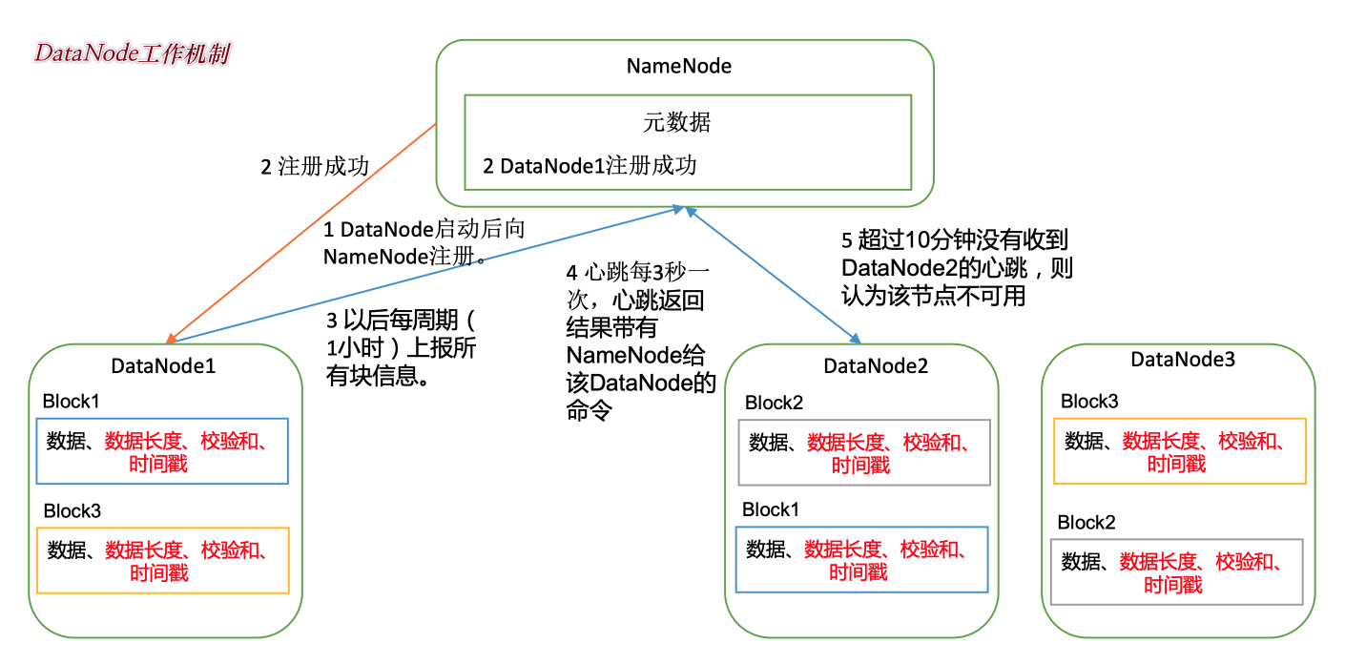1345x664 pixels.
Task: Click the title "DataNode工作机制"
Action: pyautogui.click(x=132, y=54)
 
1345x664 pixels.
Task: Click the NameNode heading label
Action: pyautogui.click(x=678, y=66)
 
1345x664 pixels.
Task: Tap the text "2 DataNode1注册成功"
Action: pyautogui.click(x=590, y=166)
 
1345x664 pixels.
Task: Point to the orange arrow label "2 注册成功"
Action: pyautogui.click(x=315, y=166)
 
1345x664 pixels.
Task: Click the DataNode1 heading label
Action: pyautogui.click(x=163, y=365)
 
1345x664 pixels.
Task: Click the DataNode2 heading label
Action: pyautogui.click(x=875, y=366)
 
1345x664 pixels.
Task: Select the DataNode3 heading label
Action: pyautogui.click(x=1182, y=360)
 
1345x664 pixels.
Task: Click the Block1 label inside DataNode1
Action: pyautogui.click(x=71, y=402)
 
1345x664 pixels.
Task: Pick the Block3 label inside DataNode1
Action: pyautogui.click(x=72, y=511)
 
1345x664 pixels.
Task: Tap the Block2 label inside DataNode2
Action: pyautogui.click(x=774, y=403)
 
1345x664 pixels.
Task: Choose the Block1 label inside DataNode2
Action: pyautogui.click(x=771, y=509)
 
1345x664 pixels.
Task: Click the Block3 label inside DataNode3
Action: pyautogui.click(x=1089, y=401)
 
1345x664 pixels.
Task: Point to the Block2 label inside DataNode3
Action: pyautogui.click(x=1086, y=523)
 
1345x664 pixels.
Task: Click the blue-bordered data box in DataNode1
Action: pyautogui.click(x=161, y=451)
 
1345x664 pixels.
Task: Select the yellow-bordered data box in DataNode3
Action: pyautogui.click(x=1179, y=450)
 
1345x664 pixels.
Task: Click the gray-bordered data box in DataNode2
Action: pyautogui.click(x=863, y=452)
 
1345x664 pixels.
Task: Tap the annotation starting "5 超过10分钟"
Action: pyautogui.click(x=957, y=268)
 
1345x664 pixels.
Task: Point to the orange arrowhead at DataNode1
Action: pyautogui.click(x=170, y=337)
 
